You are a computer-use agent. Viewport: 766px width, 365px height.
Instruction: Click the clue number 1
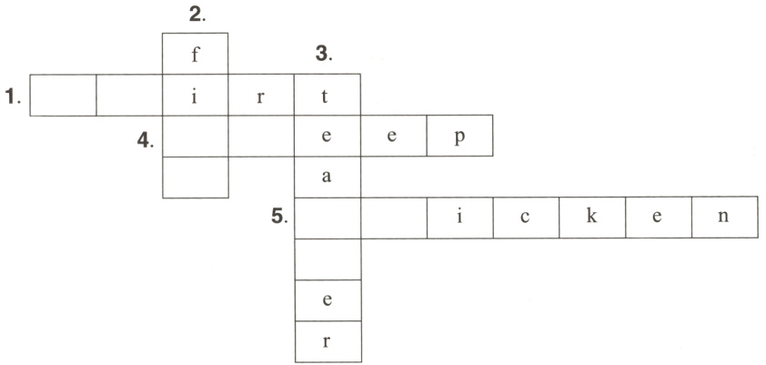point(12,96)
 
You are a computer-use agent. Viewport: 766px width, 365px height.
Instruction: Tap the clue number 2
point(195,14)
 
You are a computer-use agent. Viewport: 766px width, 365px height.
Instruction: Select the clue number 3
point(324,55)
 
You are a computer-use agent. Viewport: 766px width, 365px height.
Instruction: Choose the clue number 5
point(279,218)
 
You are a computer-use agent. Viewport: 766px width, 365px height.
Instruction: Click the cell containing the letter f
point(195,54)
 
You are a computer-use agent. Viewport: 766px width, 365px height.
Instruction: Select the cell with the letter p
point(459,136)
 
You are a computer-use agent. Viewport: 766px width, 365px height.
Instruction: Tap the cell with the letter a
point(328,177)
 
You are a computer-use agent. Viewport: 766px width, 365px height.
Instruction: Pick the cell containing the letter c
point(526,218)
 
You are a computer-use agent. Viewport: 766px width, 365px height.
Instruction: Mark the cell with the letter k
point(592,218)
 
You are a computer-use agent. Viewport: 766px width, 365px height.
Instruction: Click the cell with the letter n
point(724,218)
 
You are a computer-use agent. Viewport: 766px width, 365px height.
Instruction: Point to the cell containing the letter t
point(328,95)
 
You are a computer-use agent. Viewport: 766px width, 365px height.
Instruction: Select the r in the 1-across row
point(261,95)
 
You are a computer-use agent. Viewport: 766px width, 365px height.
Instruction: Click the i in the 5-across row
point(459,218)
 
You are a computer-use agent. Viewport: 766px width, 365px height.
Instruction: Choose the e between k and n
point(658,218)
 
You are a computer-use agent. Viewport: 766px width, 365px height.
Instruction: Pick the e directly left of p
point(394,136)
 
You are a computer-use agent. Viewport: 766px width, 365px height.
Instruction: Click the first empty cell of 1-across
point(63,95)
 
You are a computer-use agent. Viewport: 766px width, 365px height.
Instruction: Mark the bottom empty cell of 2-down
point(195,177)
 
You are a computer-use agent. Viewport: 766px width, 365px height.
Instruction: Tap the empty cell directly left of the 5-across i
point(394,218)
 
